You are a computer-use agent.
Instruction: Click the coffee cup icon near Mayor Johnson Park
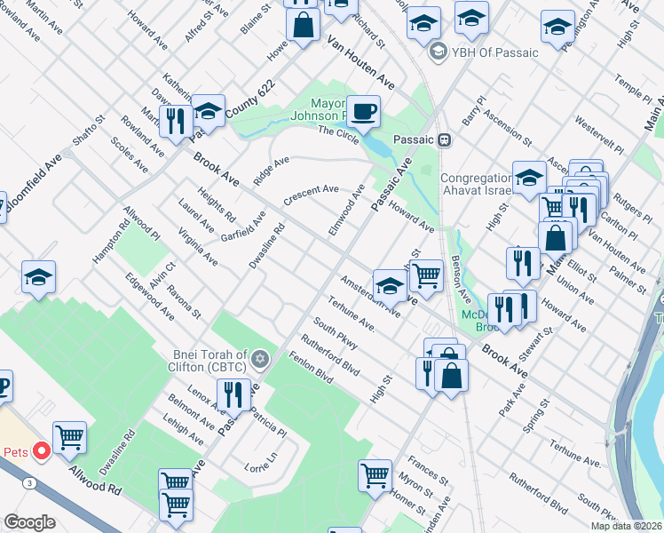tap(363, 113)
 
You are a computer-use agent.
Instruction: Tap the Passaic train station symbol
tap(445, 139)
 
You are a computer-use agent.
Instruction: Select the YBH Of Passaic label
tap(494, 52)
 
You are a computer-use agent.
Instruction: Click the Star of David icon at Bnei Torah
tap(259, 359)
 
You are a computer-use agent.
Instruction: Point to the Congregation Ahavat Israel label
tap(477, 185)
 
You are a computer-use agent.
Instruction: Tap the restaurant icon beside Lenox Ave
tap(233, 394)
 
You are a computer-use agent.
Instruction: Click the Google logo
tap(30, 522)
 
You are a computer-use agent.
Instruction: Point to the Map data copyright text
tap(626, 526)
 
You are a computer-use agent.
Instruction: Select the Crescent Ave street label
tap(311, 195)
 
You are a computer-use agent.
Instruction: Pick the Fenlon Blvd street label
tap(311, 367)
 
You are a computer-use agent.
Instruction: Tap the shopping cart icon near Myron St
tap(375, 475)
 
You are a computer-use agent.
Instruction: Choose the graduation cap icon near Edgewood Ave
tap(38, 278)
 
